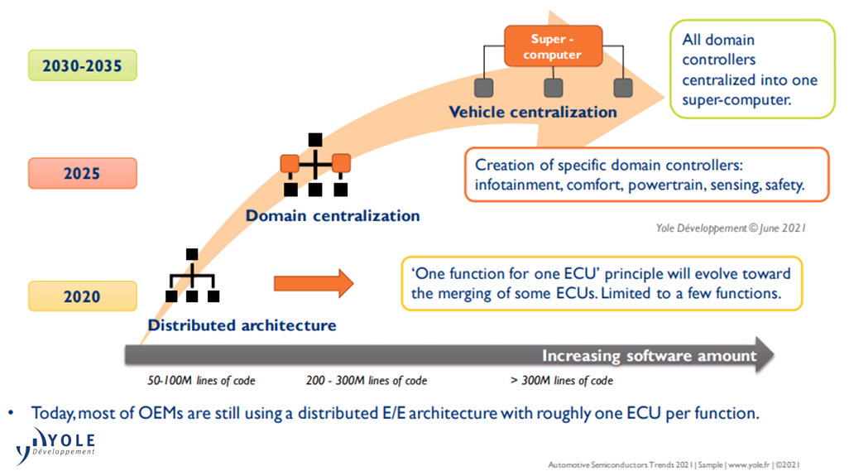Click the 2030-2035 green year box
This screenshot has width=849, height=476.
coord(83,65)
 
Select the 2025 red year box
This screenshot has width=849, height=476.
coord(83,174)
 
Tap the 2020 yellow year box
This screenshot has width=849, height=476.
coord(83,296)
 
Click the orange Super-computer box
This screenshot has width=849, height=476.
coord(554,46)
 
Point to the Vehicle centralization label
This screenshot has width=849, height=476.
coord(532,112)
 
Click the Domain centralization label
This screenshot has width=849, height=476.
coord(333,216)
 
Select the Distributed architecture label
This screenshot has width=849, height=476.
coord(242,325)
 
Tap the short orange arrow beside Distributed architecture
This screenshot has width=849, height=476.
coord(313,284)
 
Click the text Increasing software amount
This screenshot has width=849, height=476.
coord(649,356)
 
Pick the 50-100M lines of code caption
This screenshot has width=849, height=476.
coord(202,381)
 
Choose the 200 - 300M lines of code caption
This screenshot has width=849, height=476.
coord(367,381)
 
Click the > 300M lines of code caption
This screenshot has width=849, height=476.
coord(562,381)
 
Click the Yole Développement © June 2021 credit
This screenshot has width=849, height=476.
coord(731,228)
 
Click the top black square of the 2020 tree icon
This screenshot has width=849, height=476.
coord(192,254)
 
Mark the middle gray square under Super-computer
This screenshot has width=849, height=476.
coord(554,87)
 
